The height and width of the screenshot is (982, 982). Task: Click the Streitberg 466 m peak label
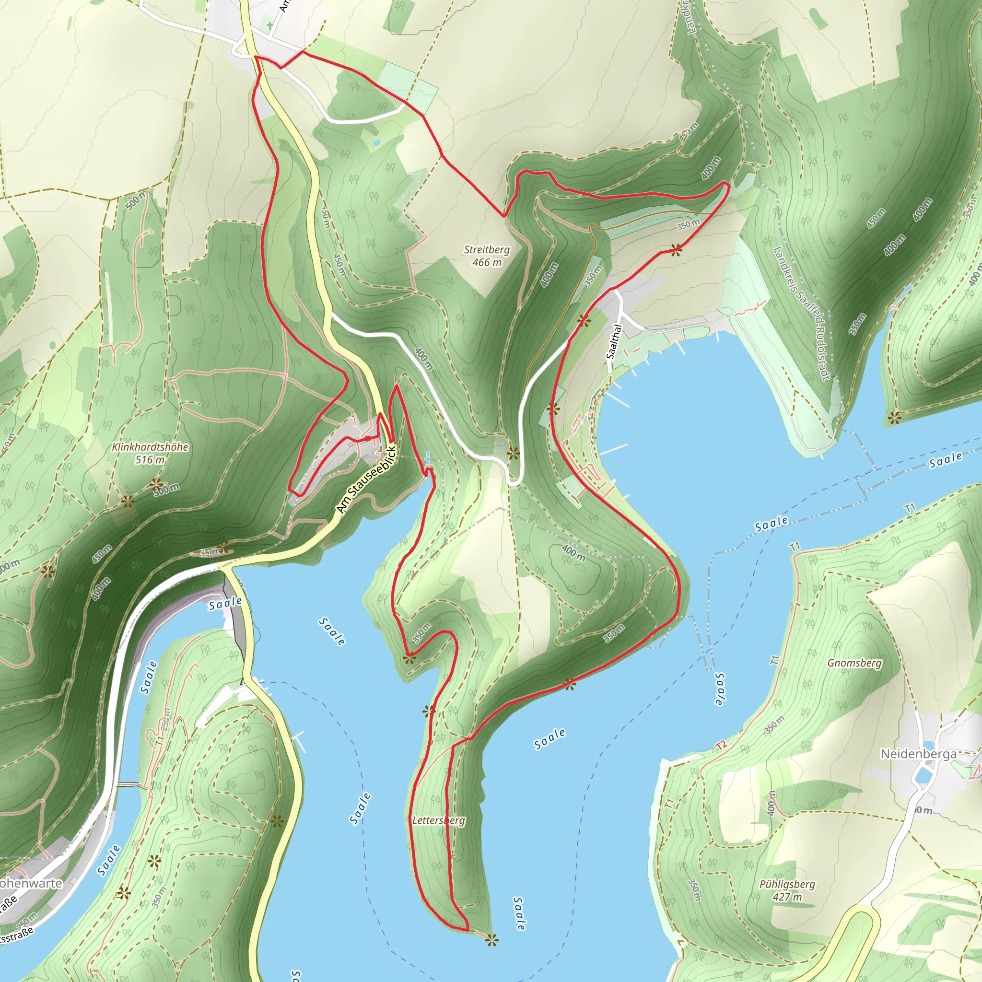(x=486, y=256)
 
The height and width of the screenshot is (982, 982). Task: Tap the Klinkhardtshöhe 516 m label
(x=150, y=453)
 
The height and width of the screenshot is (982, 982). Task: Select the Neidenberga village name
(x=918, y=753)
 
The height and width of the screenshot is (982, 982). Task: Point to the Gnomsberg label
(x=854, y=663)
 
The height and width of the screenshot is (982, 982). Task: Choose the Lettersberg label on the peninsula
(x=438, y=820)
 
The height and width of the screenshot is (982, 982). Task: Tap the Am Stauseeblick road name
(x=366, y=479)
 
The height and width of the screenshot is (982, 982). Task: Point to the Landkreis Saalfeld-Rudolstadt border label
(x=801, y=313)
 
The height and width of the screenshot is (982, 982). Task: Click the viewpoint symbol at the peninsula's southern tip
(x=491, y=940)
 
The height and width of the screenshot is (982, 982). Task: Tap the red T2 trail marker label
(x=721, y=745)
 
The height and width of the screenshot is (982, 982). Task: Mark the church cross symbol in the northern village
(x=270, y=24)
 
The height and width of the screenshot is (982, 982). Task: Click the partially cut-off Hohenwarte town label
(x=31, y=883)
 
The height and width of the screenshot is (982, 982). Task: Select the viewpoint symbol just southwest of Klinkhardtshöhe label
(x=127, y=502)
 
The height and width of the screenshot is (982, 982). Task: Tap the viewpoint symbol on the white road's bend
(x=514, y=453)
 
